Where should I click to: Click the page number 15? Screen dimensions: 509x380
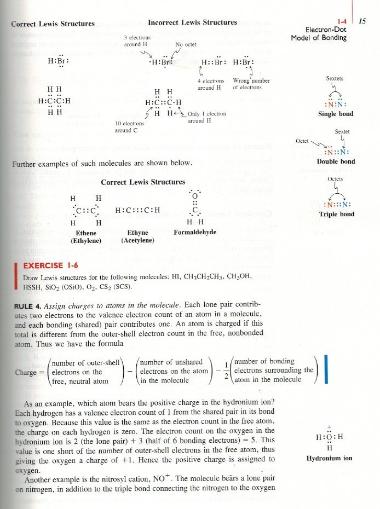click(362, 20)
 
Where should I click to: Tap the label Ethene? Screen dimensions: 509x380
click(84, 233)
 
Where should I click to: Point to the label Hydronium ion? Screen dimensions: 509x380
click(334, 458)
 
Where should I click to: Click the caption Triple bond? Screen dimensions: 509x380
click(336, 214)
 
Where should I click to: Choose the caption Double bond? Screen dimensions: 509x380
click(336, 161)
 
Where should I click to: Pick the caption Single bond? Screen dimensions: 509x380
click(336, 114)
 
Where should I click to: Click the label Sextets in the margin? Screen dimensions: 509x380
click(335, 79)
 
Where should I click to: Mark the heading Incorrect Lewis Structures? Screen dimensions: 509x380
click(192, 23)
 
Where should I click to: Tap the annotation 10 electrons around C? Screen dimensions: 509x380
click(130, 127)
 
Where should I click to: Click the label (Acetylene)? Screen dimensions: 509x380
click(137, 240)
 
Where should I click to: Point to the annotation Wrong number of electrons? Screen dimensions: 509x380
click(251, 84)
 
